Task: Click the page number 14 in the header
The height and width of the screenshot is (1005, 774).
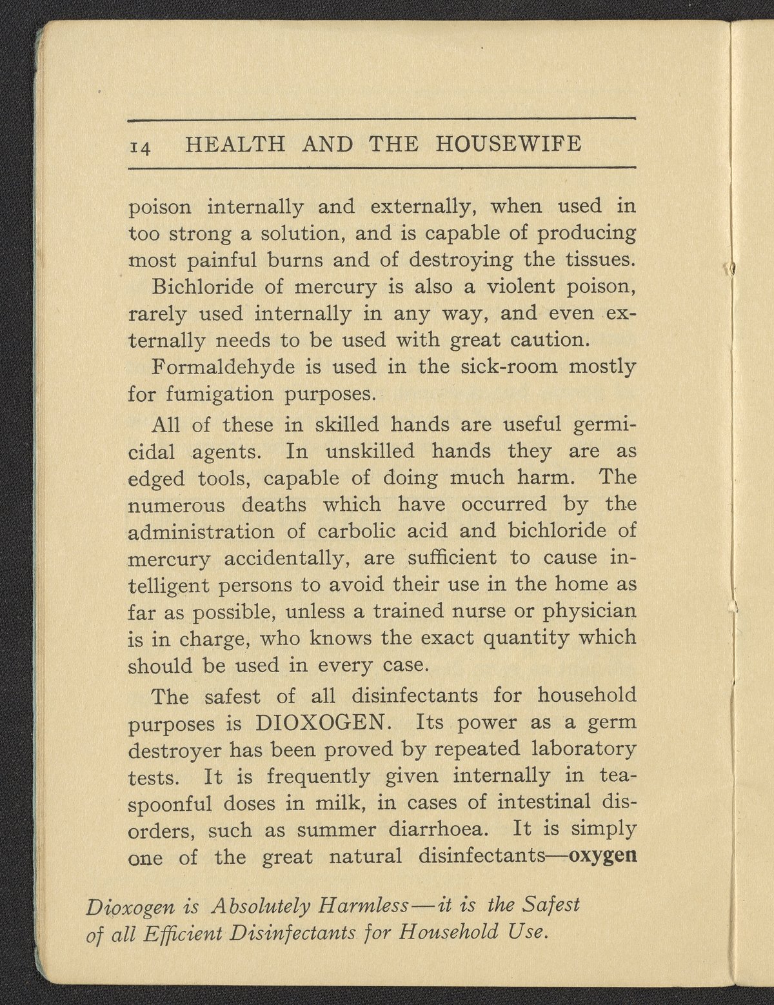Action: [141, 146]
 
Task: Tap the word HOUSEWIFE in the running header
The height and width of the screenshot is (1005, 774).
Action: [509, 143]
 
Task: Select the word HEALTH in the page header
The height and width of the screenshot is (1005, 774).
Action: [235, 143]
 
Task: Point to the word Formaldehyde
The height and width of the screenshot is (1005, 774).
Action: [222, 366]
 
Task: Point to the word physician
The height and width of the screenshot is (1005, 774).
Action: [588, 610]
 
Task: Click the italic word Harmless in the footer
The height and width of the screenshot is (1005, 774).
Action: [362, 906]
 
